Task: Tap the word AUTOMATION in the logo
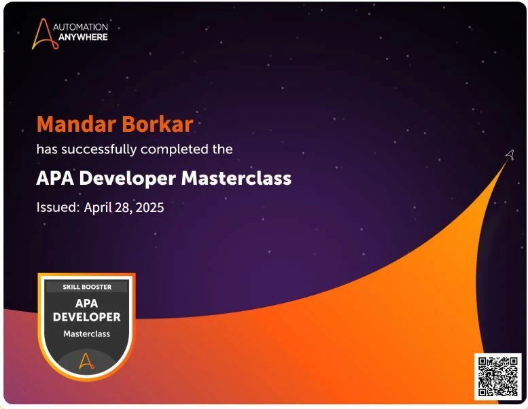click(80, 27)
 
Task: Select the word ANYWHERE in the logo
click(83, 37)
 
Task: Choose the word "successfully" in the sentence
click(99, 149)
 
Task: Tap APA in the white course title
click(55, 178)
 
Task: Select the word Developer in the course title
click(127, 179)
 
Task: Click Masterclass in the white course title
click(236, 178)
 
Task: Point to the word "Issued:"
click(58, 207)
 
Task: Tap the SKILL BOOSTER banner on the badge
click(87, 287)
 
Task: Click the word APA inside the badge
click(86, 303)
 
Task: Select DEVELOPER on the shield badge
click(86, 317)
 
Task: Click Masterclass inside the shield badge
click(86, 334)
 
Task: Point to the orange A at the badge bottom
click(86, 361)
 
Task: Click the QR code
click(497, 376)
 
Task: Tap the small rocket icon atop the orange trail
click(510, 155)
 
